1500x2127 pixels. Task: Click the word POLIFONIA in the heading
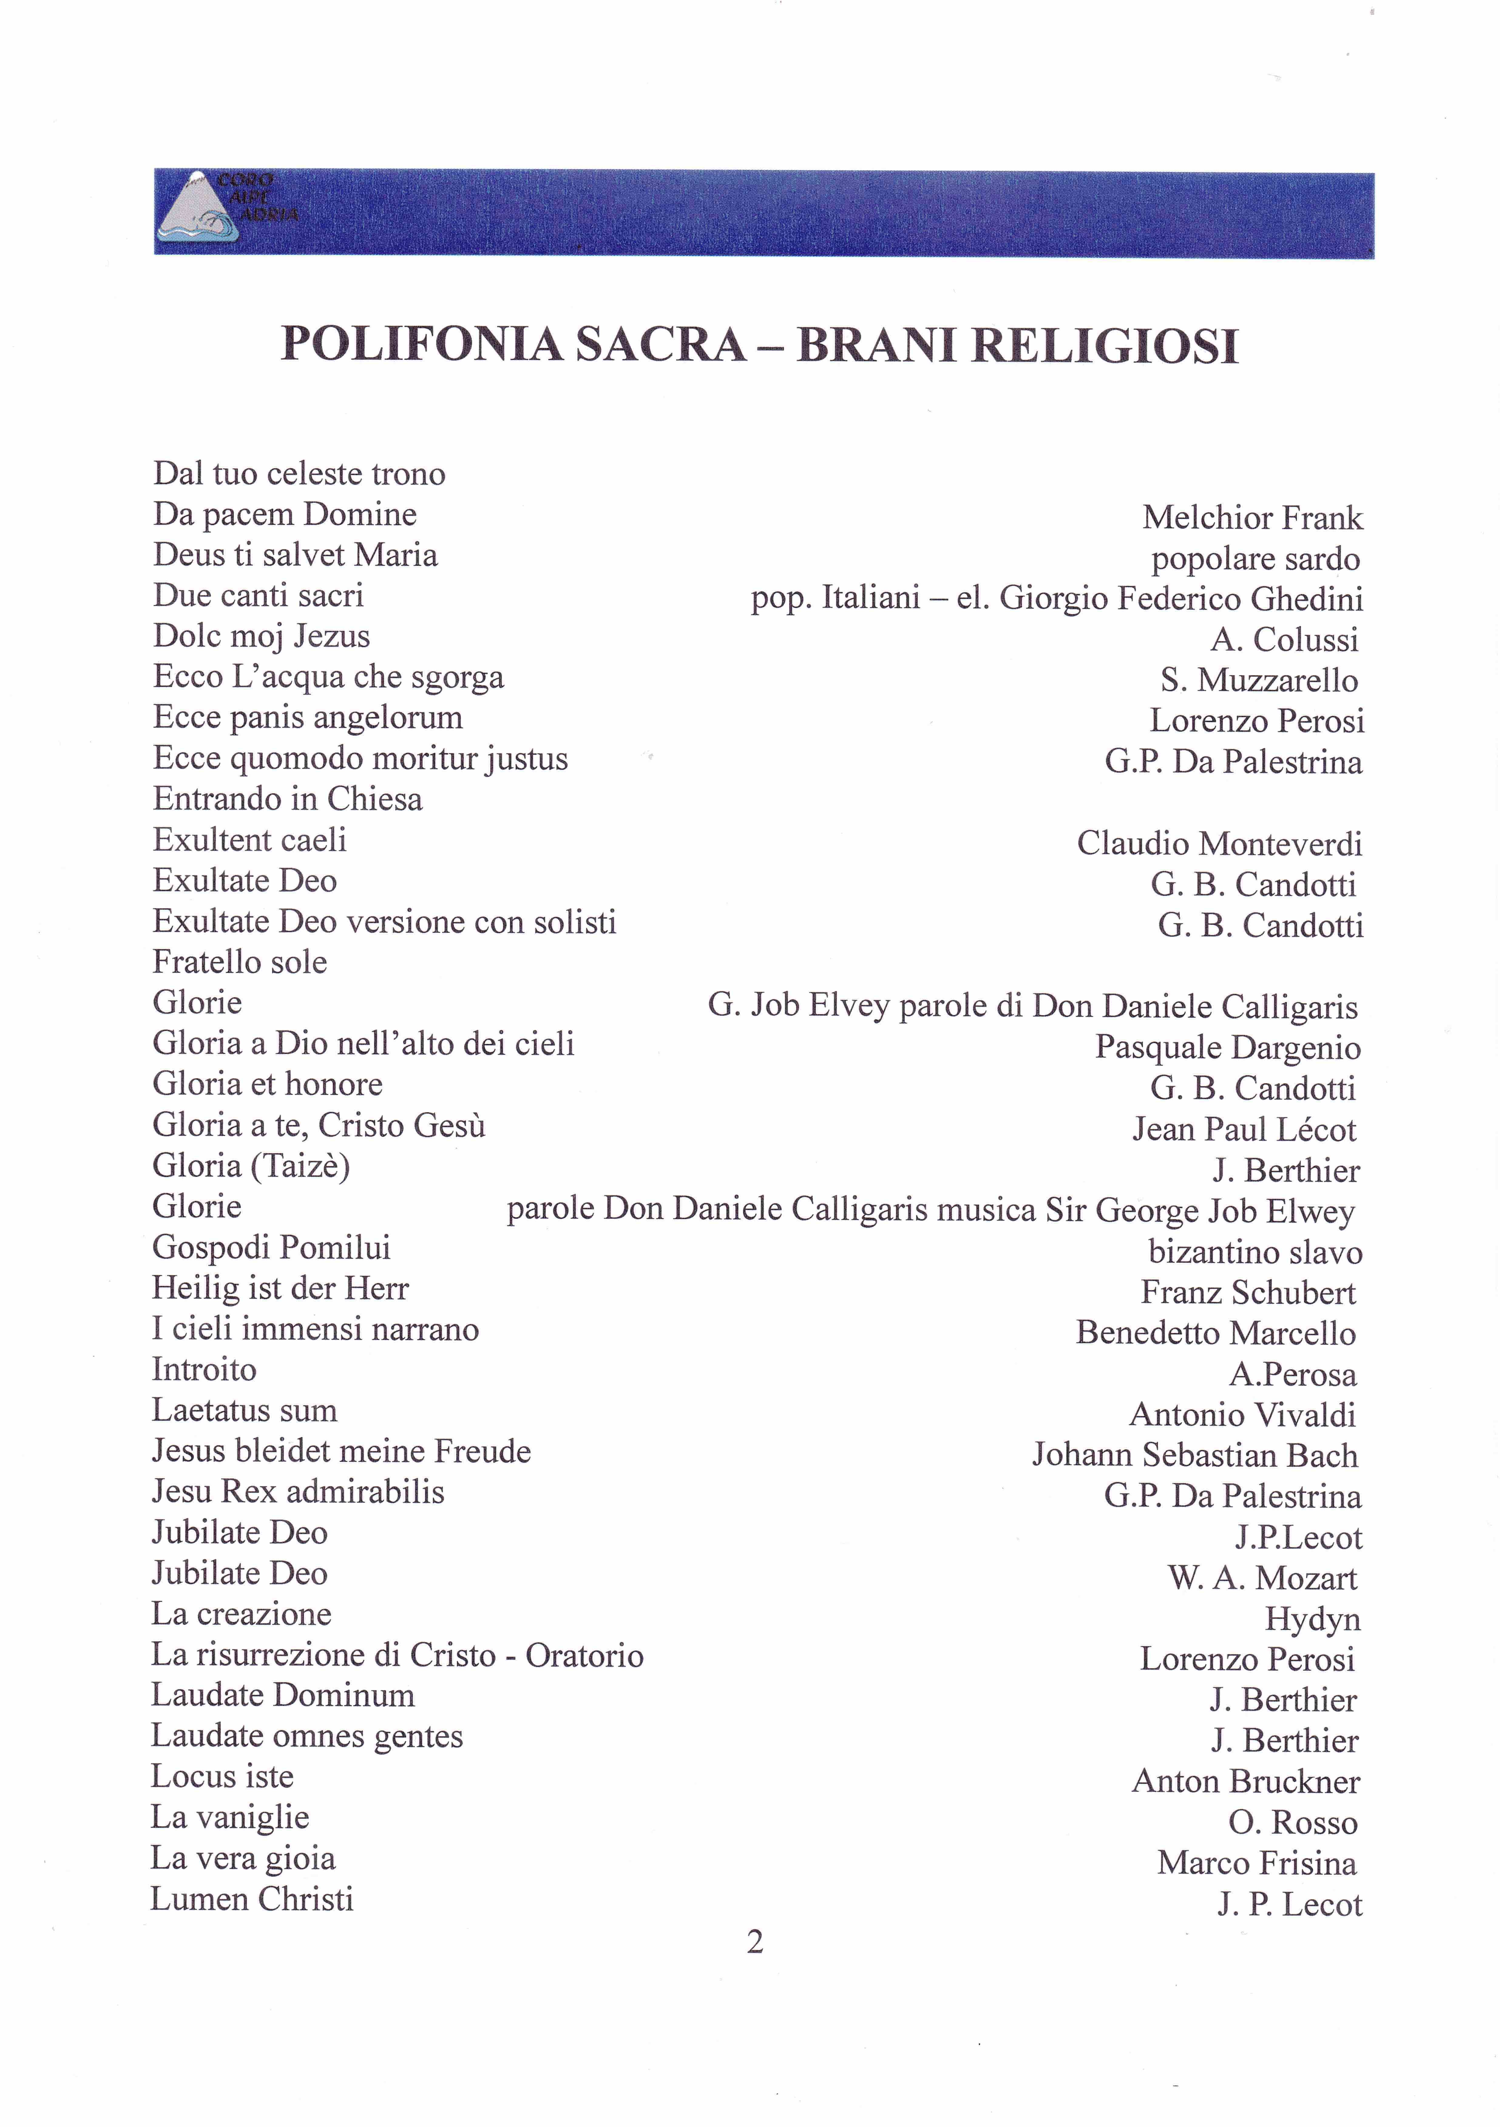[422, 344]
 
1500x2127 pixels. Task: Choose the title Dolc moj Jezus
[261, 636]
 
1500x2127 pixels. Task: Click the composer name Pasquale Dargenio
[1227, 1048]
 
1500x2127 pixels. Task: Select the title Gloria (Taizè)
[251, 1165]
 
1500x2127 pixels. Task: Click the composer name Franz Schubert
[1248, 1292]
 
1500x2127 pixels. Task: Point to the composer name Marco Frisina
[1256, 1863]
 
